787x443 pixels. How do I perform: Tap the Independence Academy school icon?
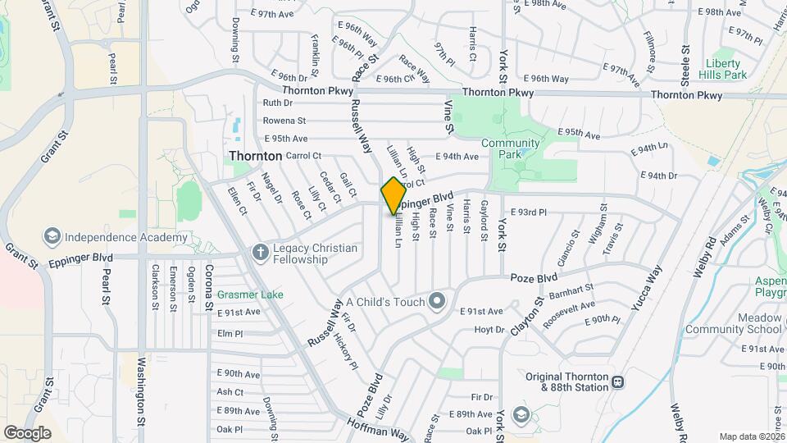[53, 238]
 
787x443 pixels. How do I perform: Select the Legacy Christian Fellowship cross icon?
[261, 251]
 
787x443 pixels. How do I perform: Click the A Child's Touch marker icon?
[437, 301]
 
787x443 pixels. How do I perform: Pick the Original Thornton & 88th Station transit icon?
[617, 381]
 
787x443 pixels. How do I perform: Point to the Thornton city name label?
[255, 155]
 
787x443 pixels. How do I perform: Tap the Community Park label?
[511, 148]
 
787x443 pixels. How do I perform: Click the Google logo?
[27, 432]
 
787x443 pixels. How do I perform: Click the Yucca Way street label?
[644, 293]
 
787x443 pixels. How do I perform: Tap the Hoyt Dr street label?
[489, 330]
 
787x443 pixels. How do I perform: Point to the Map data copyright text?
[751, 436]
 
